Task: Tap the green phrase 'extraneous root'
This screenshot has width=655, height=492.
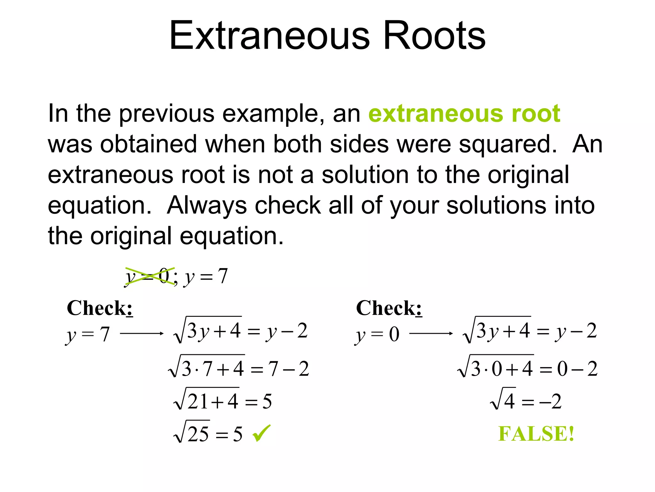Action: coord(464,113)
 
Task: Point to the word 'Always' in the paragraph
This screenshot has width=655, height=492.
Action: coord(207,205)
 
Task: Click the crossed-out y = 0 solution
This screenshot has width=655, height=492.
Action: coord(149,276)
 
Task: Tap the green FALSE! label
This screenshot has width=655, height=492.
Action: coord(536,434)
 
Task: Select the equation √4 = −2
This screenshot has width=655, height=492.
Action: coord(525,400)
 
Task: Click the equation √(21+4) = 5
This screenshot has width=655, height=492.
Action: coord(223,400)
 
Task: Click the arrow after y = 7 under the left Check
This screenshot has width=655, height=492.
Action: coord(142,334)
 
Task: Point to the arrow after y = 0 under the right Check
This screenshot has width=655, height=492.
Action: coord(431,334)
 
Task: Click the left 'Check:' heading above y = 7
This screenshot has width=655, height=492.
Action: coord(99,308)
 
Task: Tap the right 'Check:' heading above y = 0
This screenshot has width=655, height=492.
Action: coord(389,308)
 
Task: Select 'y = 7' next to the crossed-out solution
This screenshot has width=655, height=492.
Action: coord(206,276)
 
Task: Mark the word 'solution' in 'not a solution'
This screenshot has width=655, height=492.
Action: coord(365,175)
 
